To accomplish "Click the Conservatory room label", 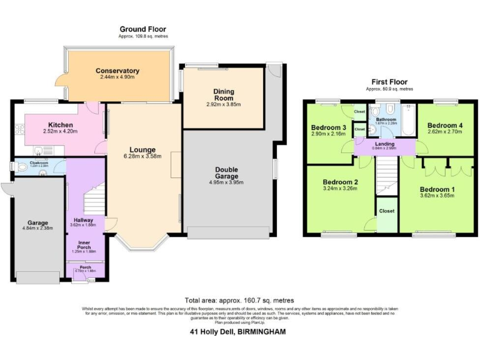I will point(117,71).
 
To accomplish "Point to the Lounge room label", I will point(142,149).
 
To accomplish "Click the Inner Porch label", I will point(86,245).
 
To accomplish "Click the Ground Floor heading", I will point(142,29).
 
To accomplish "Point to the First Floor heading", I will point(389,82).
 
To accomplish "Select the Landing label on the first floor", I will point(385,143).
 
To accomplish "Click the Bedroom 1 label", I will point(437,189).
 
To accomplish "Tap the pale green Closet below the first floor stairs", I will point(386,216).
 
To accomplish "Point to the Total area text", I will point(239,301).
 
